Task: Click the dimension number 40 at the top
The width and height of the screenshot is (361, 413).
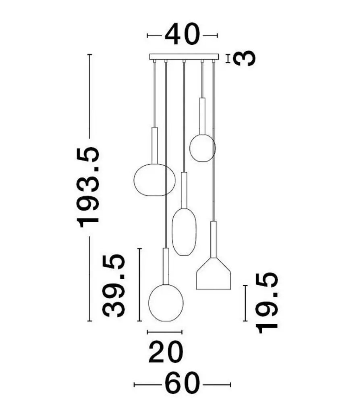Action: point(182,34)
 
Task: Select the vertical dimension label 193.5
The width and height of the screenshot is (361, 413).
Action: point(88,187)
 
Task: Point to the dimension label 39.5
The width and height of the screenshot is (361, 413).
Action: point(113,286)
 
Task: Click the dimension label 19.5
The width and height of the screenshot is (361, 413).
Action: point(267,303)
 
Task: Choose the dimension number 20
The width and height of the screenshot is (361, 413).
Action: point(166,352)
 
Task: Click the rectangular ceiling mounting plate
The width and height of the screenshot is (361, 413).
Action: point(184,57)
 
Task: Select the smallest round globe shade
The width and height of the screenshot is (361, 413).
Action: point(202,148)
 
